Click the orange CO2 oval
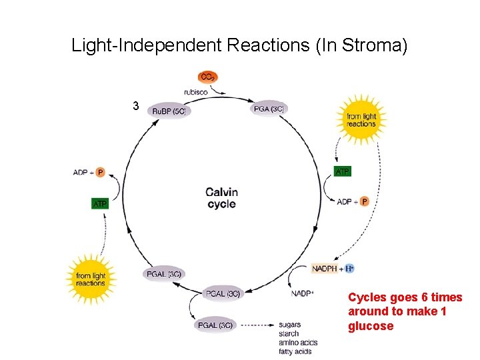coord(207,77)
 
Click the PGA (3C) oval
coord(269,109)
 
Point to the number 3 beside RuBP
coord(135,106)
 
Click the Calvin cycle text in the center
coord(221,198)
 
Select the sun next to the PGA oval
coord(361,120)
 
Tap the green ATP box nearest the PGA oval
coord(341,171)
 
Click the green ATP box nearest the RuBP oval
coord(99,203)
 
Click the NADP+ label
coord(302,293)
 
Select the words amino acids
coord(298,343)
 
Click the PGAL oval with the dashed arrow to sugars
coord(215,325)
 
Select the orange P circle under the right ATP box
coord(364,201)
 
